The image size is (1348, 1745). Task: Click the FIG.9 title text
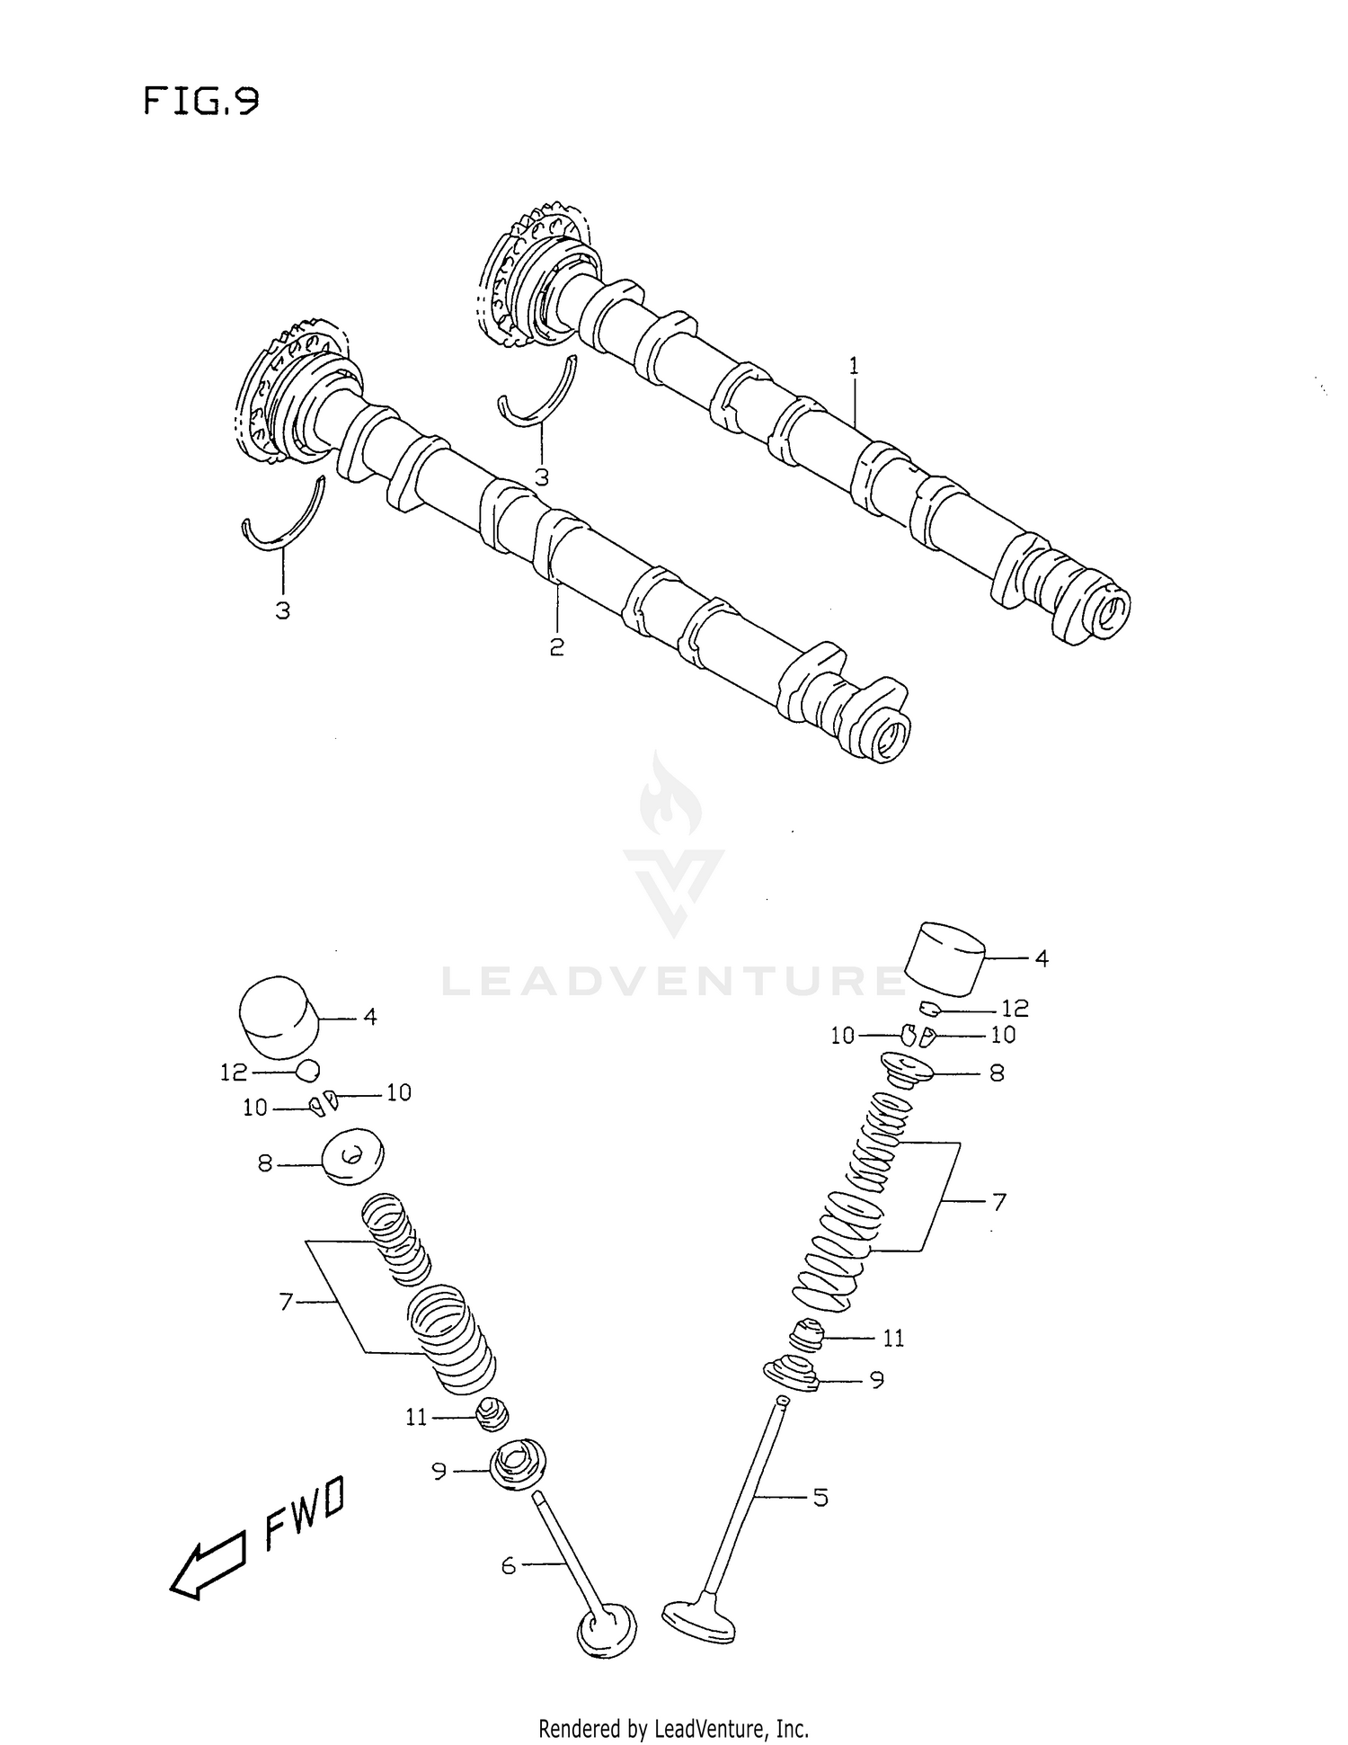[x=201, y=102]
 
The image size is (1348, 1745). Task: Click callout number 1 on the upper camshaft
[x=853, y=366]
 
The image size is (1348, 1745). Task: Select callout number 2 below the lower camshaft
[x=556, y=646]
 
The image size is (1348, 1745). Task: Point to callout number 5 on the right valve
[x=820, y=1497]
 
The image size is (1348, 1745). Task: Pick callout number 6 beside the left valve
[x=509, y=1565]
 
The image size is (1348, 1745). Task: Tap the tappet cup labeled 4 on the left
[x=279, y=1017]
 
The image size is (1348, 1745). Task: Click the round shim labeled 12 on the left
[x=307, y=1070]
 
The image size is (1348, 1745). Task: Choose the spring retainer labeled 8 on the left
[x=351, y=1156]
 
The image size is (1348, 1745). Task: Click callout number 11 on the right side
[x=892, y=1339]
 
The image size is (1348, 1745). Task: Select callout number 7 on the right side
[x=998, y=1201]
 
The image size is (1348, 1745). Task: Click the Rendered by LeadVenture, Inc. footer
[x=673, y=1728]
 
